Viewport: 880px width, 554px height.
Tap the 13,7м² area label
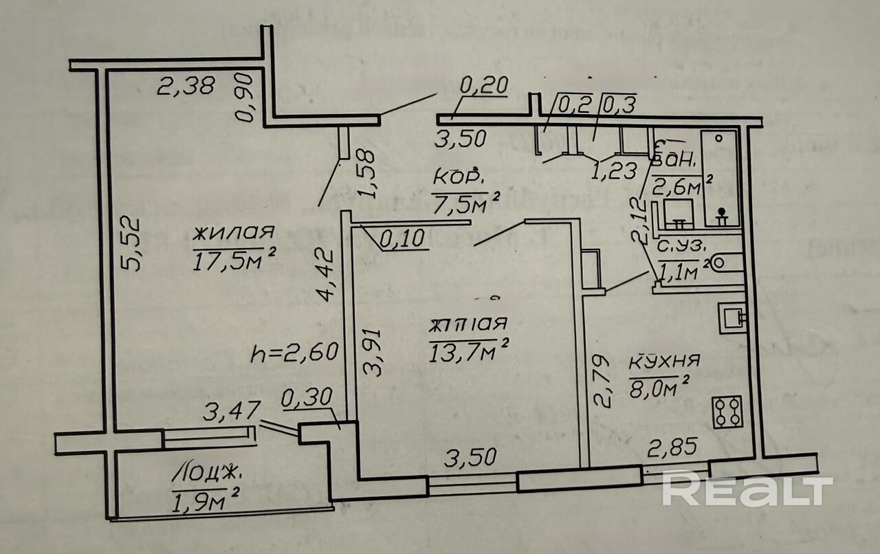pyautogui.click(x=467, y=352)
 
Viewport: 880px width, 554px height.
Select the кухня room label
pyautogui.click(x=664, y=362)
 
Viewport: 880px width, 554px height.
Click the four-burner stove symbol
pyautogui.click(x=727, y=412)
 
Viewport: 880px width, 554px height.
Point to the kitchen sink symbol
pyautogui.click(x=731, y=316)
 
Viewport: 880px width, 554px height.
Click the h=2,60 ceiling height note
pyautogui.click(x=294, y=353)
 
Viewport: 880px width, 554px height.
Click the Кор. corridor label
pyautogui.click(x=458, y=177)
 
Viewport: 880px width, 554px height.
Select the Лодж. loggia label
pyautogui.click(x=207, y=473)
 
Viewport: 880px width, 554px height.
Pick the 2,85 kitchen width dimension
pyautogui.click(x=673, y=447)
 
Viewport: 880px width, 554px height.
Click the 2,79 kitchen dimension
pyautogui.click(x=601, y=381)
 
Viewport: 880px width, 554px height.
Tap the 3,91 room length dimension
pyautogui.click(x=374, y=351)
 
